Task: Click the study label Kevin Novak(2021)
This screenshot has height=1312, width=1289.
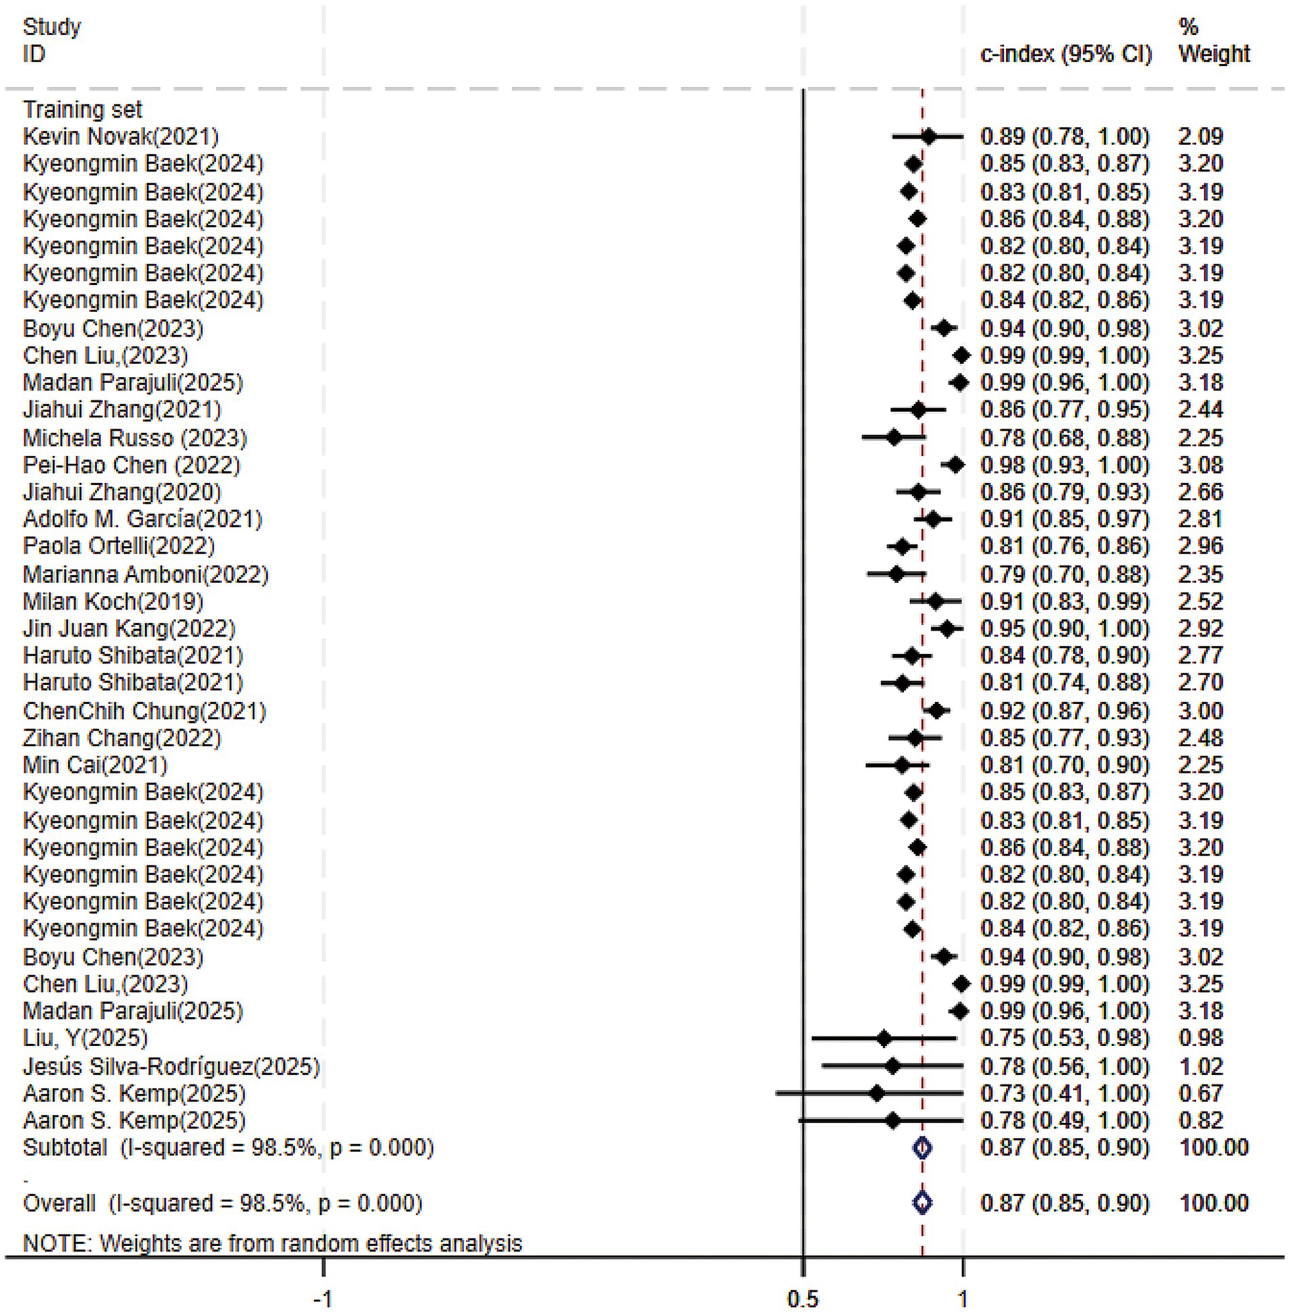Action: (121, 137)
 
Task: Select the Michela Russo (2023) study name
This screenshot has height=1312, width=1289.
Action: (135, 438)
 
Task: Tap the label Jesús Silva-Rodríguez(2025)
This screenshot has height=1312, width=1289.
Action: (171, 1067)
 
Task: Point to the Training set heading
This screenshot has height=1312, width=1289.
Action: (83, 110)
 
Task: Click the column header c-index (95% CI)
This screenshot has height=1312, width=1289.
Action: (1065, 54)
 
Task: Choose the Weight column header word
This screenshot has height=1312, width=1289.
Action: (1214, 54)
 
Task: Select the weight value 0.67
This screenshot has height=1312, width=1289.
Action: (1200, 1094)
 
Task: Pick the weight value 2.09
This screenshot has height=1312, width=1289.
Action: (1200, 137)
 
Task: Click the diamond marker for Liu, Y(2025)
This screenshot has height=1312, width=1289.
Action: (883, 1038)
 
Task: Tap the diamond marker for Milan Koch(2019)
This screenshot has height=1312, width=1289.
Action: (935, 601)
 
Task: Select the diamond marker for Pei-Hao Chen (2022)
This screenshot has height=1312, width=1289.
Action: (956, 465)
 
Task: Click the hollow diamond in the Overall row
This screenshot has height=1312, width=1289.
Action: (922, 1203)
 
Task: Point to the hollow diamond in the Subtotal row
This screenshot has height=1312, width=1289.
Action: (922, 1148)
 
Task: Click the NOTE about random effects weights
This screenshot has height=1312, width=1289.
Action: (272, 1243)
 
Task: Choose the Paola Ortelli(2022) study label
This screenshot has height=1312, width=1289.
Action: (119, 546)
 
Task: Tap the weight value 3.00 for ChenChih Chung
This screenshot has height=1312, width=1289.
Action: (1200, 711)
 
